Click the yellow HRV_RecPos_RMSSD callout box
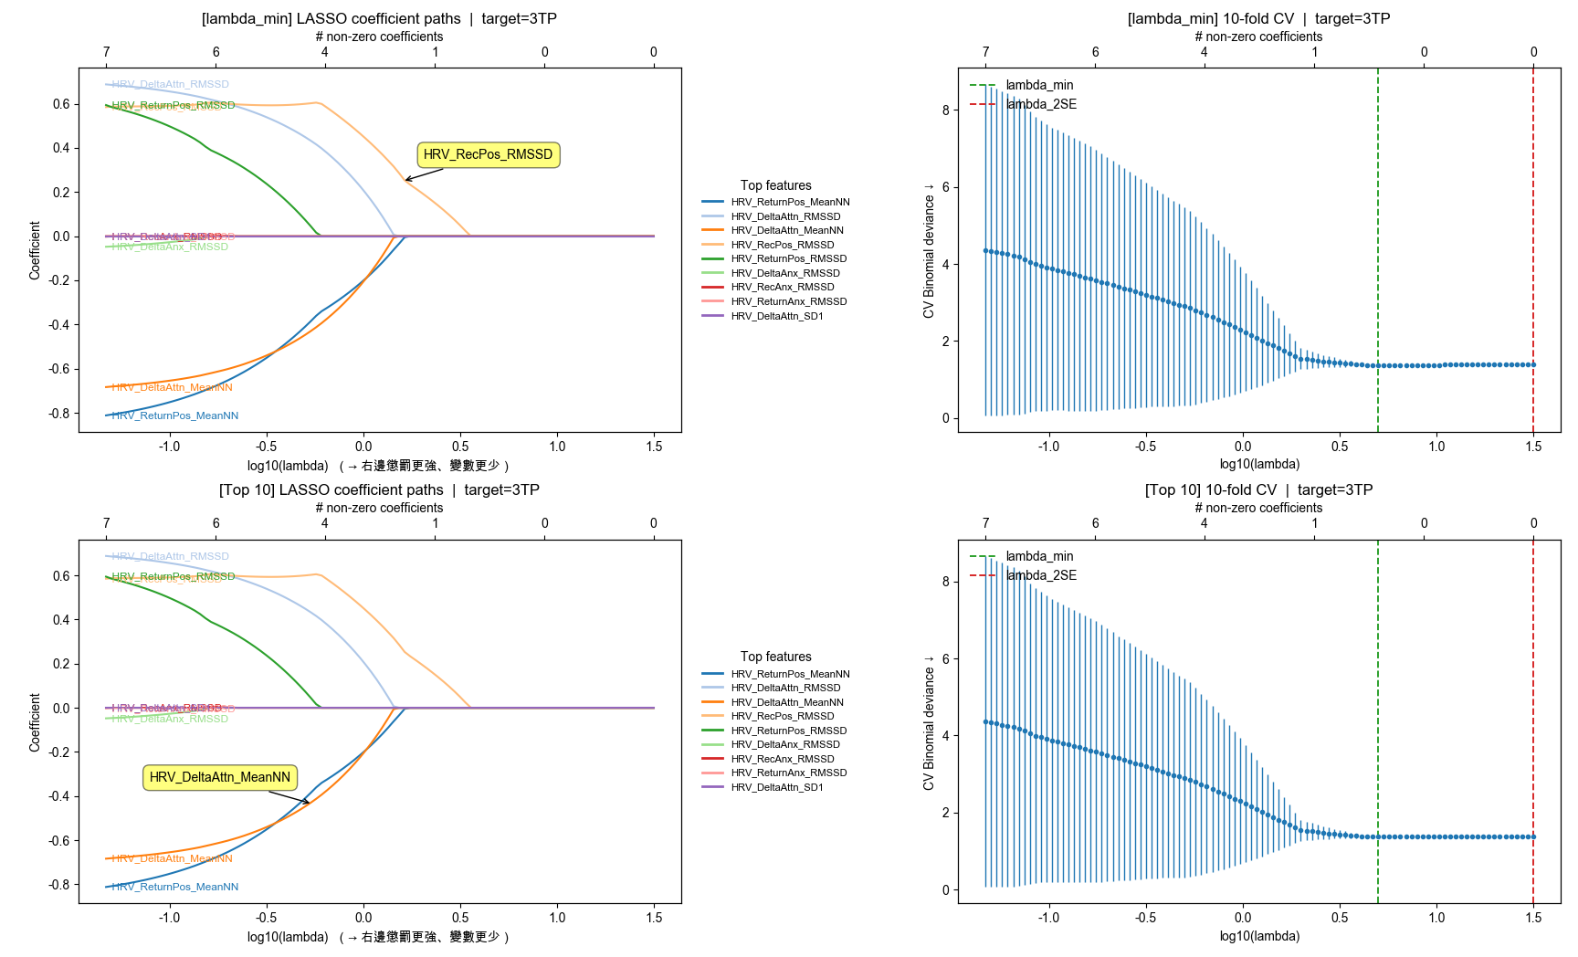[489, 155]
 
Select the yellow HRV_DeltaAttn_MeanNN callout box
[220, 777]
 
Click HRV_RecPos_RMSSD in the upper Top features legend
[782, 245]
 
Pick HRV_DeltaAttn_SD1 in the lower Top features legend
[776, 787]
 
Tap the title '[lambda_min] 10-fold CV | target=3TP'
[1258, 18]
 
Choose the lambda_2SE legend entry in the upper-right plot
[1040, 104]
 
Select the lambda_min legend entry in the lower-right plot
[1038, 556]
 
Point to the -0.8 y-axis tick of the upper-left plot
[59, 414]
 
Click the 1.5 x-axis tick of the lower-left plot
[654, 918]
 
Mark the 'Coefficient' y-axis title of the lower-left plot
[35, 722]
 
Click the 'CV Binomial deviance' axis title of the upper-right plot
[929, 251]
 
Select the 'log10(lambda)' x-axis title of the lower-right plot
[1259, 936]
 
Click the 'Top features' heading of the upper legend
[775, 185]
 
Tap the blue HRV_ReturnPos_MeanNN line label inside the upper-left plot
[175, 415]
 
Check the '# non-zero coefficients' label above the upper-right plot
[1258, 37]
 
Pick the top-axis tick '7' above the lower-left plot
[107, 523]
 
